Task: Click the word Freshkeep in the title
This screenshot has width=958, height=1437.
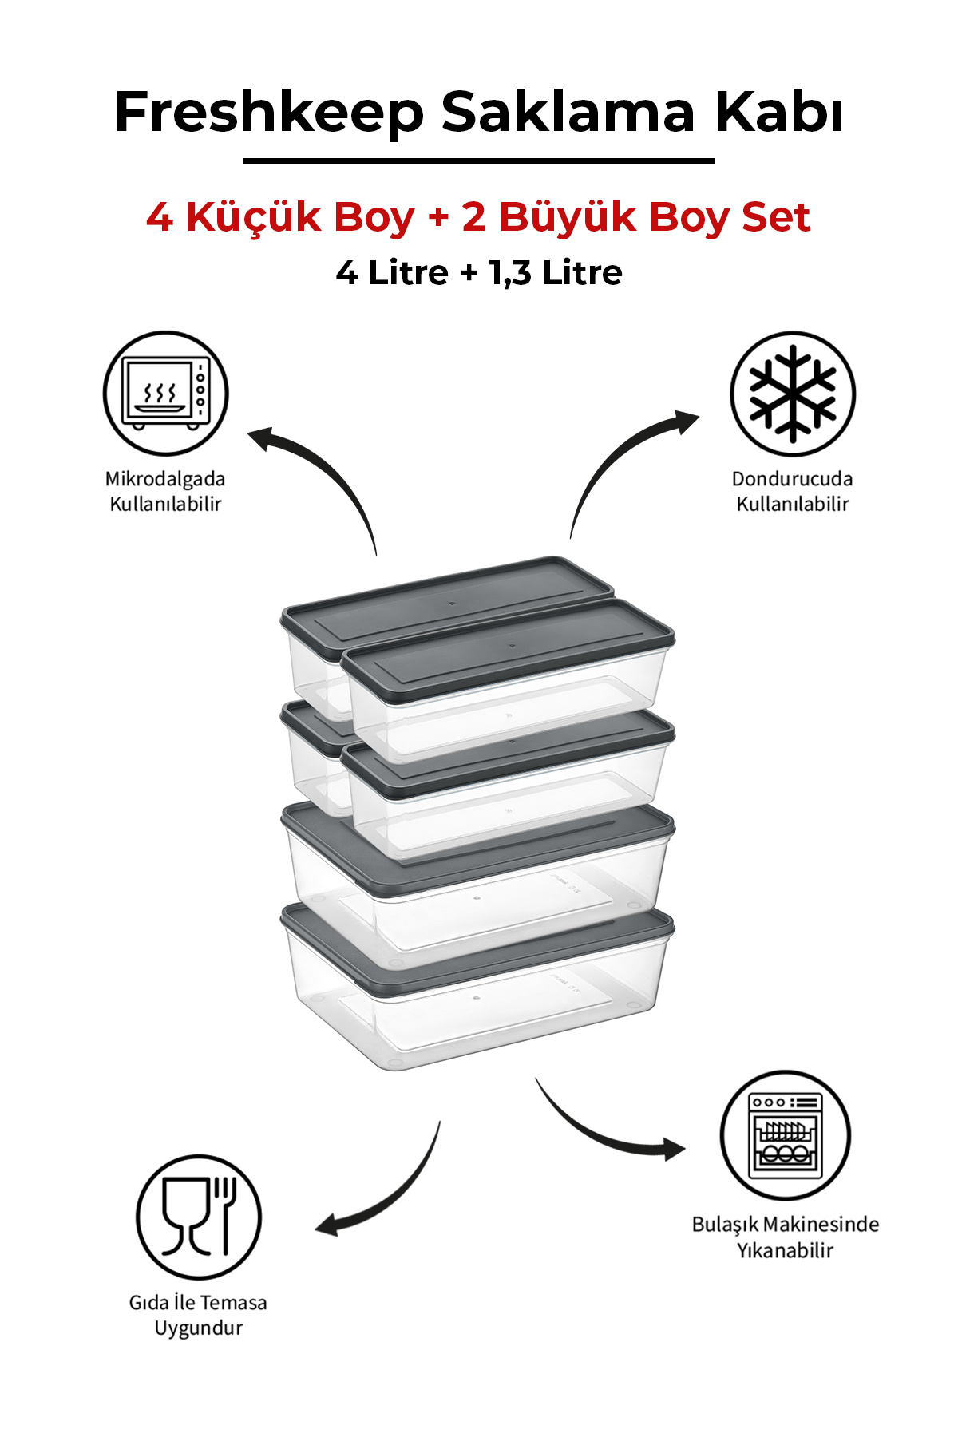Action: click(x=269, y=113)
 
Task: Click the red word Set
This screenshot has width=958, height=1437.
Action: click(x=776, y=217)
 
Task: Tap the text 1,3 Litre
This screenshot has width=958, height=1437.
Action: click(x=556, y=273)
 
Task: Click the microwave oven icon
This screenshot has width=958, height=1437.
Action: click(x=166, y=394)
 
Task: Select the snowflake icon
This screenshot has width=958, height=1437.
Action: click(x=793, y=394)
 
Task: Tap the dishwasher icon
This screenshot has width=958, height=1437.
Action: click(x=786, y=1135)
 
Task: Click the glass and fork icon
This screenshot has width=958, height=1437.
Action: click(x=199, y=1217)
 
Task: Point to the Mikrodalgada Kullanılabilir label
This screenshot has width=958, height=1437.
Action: click(x=165, y=491)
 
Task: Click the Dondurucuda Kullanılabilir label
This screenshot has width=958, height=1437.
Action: click(x=793, y=491)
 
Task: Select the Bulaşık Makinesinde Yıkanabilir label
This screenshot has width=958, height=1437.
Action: click(x=786, y=1237)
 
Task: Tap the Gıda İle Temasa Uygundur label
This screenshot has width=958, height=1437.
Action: click(x=198, y=1315)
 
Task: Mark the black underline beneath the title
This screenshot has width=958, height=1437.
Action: click(x=479, y=161)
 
